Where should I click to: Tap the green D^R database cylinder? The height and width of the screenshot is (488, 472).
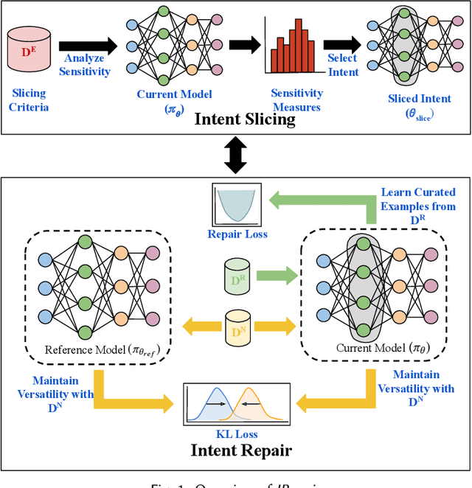(x=237, y=276)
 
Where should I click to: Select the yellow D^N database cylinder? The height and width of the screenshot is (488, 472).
(x=237, y=327)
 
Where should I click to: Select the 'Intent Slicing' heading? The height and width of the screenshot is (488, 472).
(x=244, y=120)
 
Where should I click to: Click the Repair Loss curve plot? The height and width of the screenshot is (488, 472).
(x=237, y=205)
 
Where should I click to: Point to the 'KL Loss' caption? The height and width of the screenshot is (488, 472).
(x=236, y=434)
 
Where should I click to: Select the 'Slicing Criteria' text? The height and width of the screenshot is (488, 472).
(x=30, y=100)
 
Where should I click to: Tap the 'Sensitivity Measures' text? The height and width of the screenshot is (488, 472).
(x=297, y=100)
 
